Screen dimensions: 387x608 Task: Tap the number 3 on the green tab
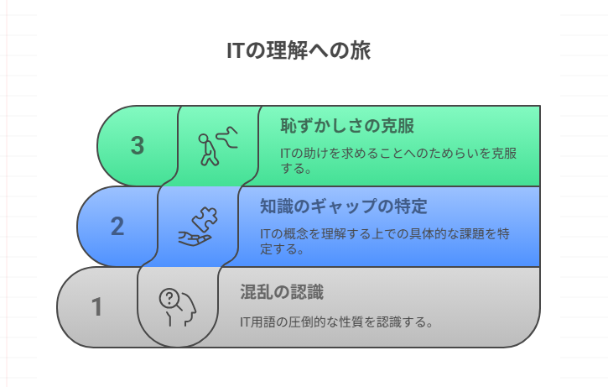138,145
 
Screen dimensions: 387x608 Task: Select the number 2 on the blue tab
117,227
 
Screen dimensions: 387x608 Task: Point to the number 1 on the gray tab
97,307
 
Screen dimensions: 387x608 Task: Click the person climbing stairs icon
217,146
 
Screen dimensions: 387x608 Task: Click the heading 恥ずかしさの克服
347,127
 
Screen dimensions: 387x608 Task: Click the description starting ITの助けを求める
398,160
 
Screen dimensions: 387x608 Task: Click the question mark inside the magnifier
169,297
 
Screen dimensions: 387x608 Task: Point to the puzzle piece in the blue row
201,220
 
